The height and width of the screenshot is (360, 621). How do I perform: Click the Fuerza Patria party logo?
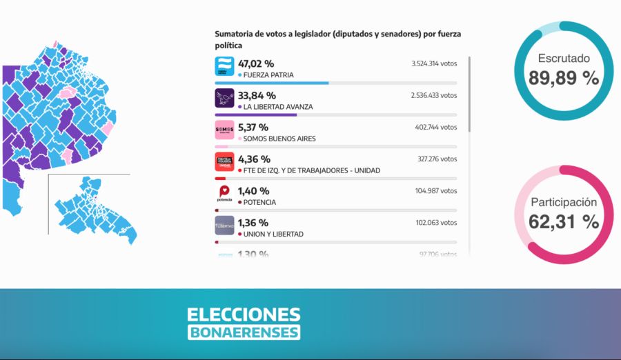[226, 67]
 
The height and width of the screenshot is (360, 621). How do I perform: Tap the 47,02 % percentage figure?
[254, 63]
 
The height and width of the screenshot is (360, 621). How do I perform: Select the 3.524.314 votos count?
[433, 63]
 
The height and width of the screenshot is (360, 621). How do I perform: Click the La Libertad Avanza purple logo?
[226, 99]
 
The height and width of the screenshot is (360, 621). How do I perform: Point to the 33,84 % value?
[257, 95]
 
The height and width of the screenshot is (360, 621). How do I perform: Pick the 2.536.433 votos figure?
[433, 95]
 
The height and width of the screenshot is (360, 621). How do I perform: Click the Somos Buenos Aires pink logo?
[226, 131]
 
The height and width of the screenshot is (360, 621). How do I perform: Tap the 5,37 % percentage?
[253, 127]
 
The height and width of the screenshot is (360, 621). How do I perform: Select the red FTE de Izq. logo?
[226, 163]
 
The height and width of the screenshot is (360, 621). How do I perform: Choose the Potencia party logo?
[226, 194]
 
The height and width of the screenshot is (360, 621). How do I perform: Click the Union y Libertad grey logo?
[226, 226]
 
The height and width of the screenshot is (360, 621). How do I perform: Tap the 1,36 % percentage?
[253, 223]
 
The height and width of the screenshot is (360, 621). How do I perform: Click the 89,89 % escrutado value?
[564, 78]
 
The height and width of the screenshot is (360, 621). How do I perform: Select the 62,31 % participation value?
[564, 221]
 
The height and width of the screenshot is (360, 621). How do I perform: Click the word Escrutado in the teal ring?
[564, 58]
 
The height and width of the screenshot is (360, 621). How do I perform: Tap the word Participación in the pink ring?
[564, 202]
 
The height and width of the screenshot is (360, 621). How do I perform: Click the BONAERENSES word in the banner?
[244, 332]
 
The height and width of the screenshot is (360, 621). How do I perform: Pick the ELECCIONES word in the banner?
[244, 315]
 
